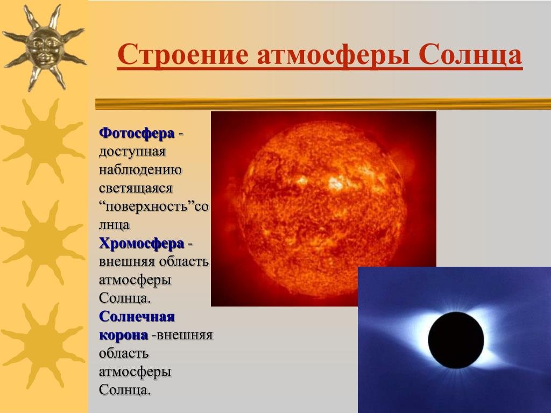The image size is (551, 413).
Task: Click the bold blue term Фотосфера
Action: (137, 133)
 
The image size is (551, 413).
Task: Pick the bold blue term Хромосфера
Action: (142, 244)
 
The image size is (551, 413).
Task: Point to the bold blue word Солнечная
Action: (137, 316)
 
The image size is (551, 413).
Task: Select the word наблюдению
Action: (140, 170)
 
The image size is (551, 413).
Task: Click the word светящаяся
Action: (136, 189)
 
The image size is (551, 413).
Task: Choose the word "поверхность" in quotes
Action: (147, 206)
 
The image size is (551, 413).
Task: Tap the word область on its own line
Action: (124, 354)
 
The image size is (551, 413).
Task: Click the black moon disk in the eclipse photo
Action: (456, 340)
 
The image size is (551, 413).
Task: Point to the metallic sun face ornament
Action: (44, 47)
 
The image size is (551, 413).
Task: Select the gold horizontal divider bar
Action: (323, 104)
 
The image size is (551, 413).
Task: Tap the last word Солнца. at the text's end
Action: (125, 390)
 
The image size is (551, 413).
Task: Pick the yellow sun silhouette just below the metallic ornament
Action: (44, 142)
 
